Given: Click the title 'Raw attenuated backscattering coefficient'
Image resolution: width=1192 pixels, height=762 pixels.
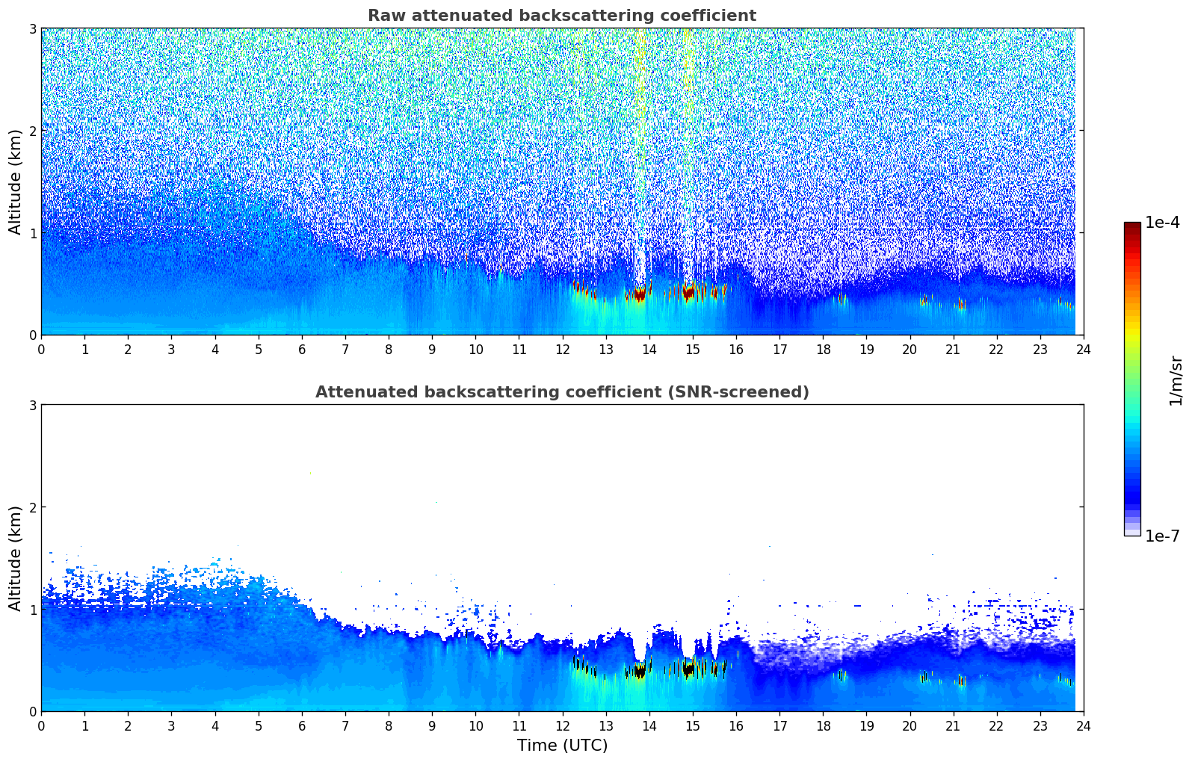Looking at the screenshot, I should (x=561, y=16).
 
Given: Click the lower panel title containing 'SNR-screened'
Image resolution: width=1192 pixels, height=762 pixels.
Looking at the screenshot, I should (x=561, y=392).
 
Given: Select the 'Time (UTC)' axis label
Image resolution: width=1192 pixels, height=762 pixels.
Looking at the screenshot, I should (x=562, y=745).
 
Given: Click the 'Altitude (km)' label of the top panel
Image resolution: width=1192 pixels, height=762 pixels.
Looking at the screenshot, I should (x=16, y=182).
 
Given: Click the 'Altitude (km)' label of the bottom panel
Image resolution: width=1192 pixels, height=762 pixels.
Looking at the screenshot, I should (x=16, y=558).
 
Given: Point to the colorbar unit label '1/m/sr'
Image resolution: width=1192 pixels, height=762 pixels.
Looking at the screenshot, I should (x=1176, y=381).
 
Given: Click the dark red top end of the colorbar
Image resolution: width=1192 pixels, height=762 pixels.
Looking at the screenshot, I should (x=1131, y=226).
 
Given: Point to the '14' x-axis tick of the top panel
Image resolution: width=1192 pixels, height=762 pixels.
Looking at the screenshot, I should (x=649, y=349).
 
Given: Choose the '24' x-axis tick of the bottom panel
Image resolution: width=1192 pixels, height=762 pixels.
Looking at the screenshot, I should (x=1083, y=725).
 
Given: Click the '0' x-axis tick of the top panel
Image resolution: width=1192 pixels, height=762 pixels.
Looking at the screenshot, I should (x=41, y=349).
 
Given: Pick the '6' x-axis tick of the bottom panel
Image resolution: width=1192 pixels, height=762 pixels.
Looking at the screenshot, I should (x=302, y=725).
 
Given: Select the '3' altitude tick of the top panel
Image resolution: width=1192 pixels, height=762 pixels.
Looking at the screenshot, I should (x=32, y=28).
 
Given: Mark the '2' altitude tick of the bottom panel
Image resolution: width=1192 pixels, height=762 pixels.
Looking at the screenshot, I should (x=32, y=507).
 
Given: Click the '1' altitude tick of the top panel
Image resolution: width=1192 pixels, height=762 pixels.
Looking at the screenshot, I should (x=32, y=233).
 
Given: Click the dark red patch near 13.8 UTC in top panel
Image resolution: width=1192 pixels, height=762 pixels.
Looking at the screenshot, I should (x=638, y=294).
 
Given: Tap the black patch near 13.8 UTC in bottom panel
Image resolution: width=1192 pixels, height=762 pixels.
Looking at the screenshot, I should (x=638, y=672).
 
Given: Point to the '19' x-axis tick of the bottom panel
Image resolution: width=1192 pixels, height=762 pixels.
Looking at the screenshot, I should (x=866, y=725).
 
